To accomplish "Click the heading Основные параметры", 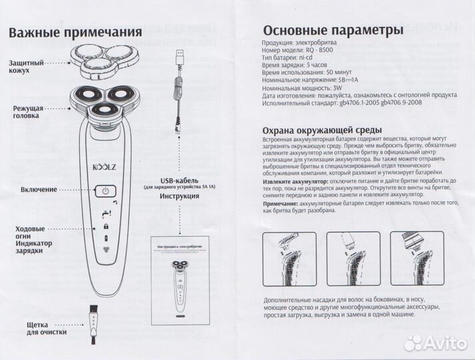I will pyautogui.click(x=333, y=31).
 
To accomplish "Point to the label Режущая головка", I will pyautogui.click(x=28, y=111).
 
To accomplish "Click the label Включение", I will pyautogui.click(x=39, y=190).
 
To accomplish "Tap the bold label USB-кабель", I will pyautogui.click(x=180, y=181).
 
